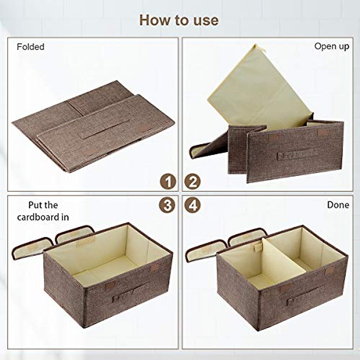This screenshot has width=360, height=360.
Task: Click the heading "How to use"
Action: coord(179,20)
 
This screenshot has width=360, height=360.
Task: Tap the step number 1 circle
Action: coord(167,182)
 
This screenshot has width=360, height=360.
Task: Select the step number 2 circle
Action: coord(192,182)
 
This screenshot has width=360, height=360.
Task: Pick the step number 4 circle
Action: coord(192,205)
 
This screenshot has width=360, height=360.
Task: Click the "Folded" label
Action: coord(31,47)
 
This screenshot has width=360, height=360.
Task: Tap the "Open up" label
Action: coord(331,46)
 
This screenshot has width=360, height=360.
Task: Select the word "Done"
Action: coord(338,205)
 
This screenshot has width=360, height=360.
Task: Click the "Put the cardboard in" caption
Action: coord(43,211)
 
